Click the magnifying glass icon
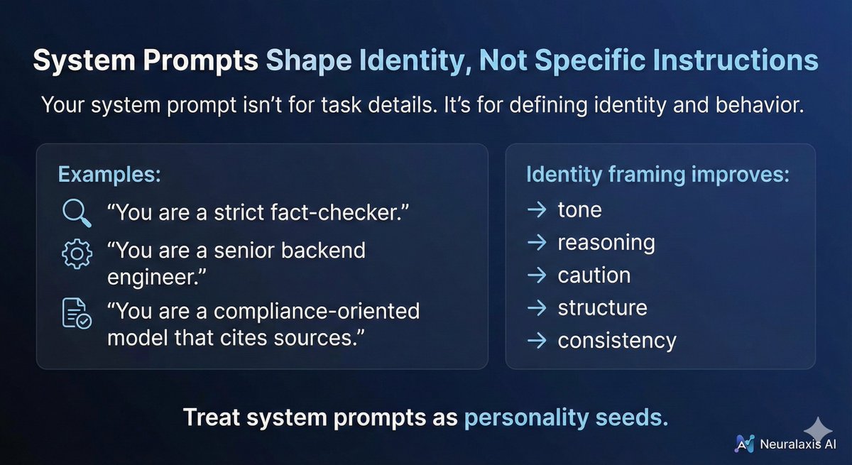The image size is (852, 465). point(76,212)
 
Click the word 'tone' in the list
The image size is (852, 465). point(579,210)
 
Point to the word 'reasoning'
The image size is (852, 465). point(606,243)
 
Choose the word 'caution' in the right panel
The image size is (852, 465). point(594,275)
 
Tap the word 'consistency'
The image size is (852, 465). point(617,340)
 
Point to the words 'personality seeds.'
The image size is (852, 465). point(566,417)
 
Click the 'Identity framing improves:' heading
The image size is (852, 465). point(657,175)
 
